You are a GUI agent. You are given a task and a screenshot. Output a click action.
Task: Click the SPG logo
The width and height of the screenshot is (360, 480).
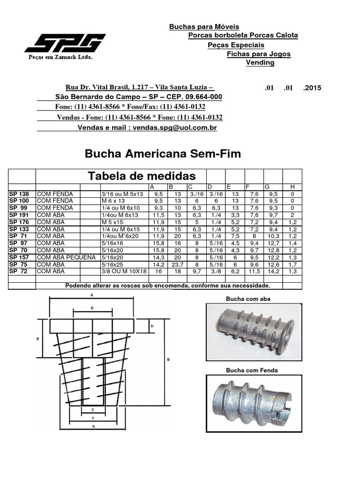[65, 43]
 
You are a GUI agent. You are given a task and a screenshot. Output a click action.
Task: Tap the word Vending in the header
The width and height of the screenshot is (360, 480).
[260, 62]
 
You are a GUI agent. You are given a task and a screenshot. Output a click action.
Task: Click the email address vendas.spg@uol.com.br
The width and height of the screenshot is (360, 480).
[174, 127]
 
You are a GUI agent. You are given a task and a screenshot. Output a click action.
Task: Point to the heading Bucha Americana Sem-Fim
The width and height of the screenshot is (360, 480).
[162, 154]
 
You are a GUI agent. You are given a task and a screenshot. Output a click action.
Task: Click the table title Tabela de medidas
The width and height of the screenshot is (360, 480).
[142, 176]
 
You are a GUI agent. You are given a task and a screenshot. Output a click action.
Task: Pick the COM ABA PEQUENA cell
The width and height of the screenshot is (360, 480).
[60, 257]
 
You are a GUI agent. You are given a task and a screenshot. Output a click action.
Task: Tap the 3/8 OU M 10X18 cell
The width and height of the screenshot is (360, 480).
[124, 271]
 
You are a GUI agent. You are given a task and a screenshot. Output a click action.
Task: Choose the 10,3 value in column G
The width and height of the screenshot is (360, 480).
[273, 236]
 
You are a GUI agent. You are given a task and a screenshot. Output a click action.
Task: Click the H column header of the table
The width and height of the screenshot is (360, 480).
[292, 187]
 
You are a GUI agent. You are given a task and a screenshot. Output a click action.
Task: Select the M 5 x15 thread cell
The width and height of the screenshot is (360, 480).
[112, 222]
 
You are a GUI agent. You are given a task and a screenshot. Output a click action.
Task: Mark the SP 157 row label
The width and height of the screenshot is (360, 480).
[19, 257]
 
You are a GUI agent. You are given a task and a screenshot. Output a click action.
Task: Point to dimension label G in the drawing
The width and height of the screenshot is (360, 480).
[94, 427]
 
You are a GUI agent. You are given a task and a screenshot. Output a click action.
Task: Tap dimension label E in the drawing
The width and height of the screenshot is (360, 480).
[37, 338]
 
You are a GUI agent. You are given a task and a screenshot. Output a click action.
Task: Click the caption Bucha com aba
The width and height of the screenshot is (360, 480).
[248, 299]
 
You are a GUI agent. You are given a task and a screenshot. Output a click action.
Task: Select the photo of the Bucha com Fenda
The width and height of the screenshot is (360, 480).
[254, 403]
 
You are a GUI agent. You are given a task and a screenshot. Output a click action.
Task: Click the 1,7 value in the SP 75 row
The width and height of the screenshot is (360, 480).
[292, 264]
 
